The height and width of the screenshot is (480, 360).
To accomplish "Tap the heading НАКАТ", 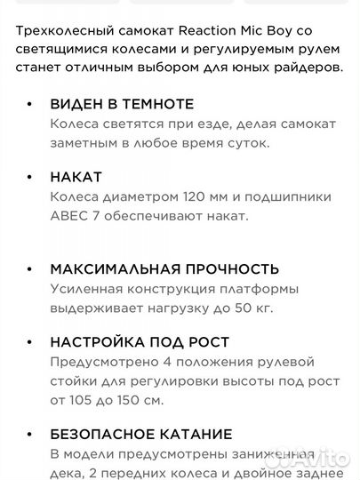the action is click(x=76, y=177).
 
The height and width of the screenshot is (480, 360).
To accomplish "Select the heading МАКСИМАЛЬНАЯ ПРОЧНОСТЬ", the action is click(x=164, y=269).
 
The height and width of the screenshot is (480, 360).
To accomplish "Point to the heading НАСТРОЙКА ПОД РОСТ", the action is click(x=140, y=342).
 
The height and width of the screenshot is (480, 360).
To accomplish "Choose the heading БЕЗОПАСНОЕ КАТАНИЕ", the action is click(x=141, y=435).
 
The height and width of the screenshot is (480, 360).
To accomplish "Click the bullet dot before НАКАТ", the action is click(x=32, y=178).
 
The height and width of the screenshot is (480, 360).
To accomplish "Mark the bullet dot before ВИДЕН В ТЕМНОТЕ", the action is click(x=32, y=105).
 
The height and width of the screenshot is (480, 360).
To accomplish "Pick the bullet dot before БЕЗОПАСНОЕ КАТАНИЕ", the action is click(x=32, y=436).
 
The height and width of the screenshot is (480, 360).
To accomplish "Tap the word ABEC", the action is click(x=69, y=216).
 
